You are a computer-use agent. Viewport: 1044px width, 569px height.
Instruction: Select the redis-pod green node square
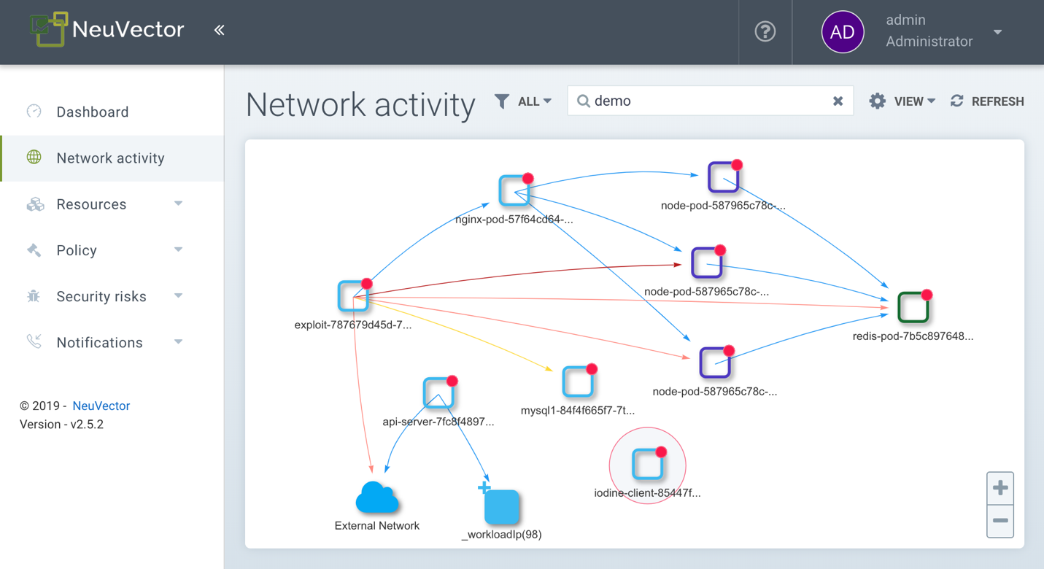pos(913,307)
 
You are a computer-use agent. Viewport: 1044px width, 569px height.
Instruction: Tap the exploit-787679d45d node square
pos(353,296)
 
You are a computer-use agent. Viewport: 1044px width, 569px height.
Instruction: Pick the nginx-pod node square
pos(514,190)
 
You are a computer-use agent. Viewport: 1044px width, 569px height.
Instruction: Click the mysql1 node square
pos(578,382)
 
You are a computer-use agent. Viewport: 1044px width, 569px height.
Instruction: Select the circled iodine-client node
pos(647,465)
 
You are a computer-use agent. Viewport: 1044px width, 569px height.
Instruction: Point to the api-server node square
pos(438,394)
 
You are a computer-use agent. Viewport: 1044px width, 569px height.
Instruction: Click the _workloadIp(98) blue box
pos(501,507)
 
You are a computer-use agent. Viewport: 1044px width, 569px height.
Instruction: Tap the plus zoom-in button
pos(1000,488)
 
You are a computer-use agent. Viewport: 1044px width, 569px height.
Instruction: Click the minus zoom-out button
pos(1000,521)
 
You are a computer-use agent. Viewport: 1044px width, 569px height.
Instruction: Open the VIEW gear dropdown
pos(902,101)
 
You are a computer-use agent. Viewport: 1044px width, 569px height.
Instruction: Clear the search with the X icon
pos(838,101)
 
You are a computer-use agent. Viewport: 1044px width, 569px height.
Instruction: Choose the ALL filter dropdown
pos(523,101)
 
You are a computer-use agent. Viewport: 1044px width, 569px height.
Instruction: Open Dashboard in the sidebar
pos(93,112)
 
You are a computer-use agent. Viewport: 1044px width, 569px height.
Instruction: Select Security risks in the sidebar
pos(101,296)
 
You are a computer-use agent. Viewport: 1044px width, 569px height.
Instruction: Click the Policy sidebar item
pos(77,250)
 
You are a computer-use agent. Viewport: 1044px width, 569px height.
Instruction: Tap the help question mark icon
pos(765,31)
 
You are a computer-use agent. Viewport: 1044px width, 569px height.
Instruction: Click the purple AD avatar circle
pos(843,31)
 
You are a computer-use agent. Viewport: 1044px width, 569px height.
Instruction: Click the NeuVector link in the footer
pos(101,406)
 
